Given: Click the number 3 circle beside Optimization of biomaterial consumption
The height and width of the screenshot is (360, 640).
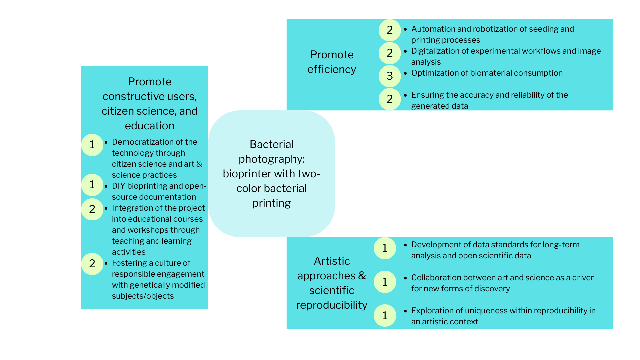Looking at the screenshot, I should click(389, 76).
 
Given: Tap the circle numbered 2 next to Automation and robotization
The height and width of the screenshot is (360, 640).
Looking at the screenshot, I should click(389, 30).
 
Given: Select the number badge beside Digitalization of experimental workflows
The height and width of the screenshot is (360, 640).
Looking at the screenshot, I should click(389, 53).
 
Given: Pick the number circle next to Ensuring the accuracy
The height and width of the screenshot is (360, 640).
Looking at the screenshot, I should click(389, 99).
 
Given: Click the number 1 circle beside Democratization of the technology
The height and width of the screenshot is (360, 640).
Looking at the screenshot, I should click(92, 145).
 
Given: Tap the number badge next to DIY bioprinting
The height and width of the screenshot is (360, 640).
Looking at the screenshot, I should click(92, 185).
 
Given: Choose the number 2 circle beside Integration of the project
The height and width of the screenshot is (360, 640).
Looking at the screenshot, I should click(92, 209).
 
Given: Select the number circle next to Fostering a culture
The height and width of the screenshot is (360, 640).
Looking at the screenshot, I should click(92, 264).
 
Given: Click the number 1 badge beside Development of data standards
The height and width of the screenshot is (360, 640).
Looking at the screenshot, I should click(385, 248).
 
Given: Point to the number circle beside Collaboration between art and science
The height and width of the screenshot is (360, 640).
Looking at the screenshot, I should click(385, 282).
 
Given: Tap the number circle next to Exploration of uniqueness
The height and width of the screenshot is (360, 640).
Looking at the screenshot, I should click(385, 315).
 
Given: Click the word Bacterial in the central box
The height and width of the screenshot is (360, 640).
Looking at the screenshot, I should click(271, 144).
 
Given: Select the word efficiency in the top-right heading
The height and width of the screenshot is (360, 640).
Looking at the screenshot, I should click(331, 69).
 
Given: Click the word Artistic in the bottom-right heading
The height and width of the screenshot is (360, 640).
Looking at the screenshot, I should click(332, 261).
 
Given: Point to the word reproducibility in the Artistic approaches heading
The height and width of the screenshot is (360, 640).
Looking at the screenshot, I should click(331, 305).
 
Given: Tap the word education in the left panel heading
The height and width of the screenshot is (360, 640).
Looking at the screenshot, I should click(149, 126).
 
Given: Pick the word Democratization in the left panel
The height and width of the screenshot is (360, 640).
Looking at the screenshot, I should click(140, 142).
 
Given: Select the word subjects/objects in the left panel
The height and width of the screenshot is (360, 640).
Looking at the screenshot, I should click(143, 296).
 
